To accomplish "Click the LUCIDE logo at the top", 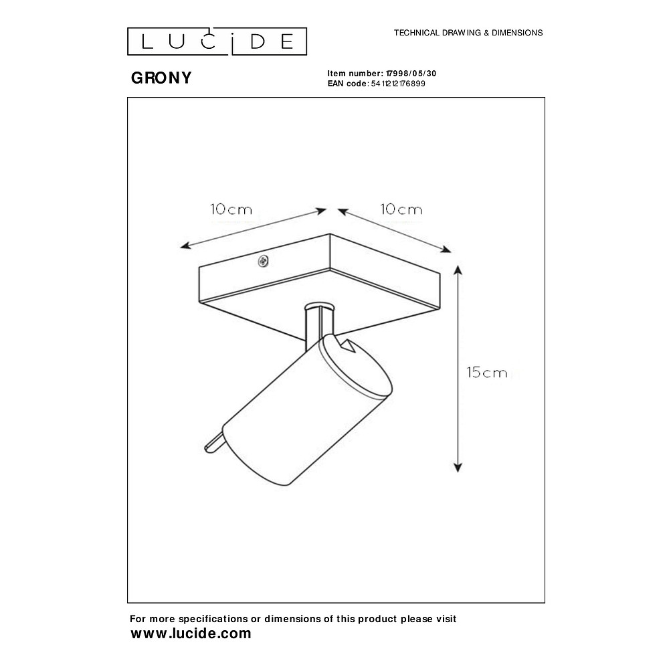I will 217,41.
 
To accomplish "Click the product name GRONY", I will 161,78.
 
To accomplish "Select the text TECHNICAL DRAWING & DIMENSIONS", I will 468,32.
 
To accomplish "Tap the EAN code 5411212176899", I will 397,84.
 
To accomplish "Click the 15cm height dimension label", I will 487,373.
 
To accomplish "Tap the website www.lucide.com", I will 191,634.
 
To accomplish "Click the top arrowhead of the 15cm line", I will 458,270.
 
